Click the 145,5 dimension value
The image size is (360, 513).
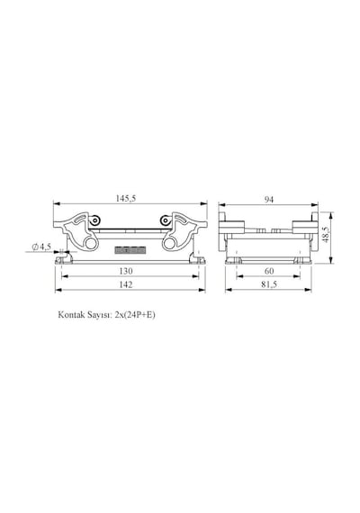(x=126, y=198)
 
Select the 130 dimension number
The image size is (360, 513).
(x=126, y=271)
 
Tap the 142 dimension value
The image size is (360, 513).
(x=126, y=284)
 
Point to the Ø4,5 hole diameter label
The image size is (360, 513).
(x=41, y=247)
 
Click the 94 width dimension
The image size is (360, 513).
(x=269, y=199)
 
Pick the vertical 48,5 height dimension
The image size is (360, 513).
(x=324, y=235)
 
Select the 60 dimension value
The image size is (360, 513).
(x=269, y=271)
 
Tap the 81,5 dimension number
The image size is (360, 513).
(x=269, y=284)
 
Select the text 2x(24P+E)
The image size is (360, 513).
(x=135, y=315)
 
